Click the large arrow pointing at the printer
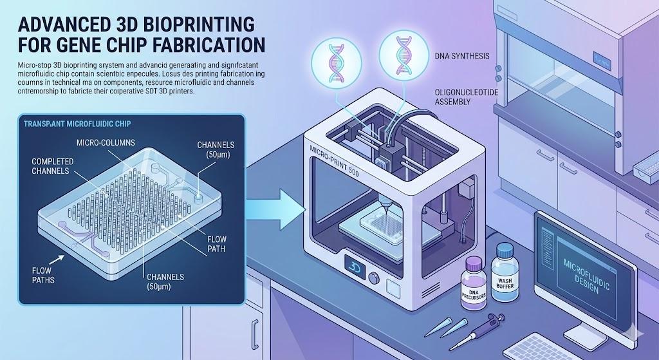click(x=274, y=208)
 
